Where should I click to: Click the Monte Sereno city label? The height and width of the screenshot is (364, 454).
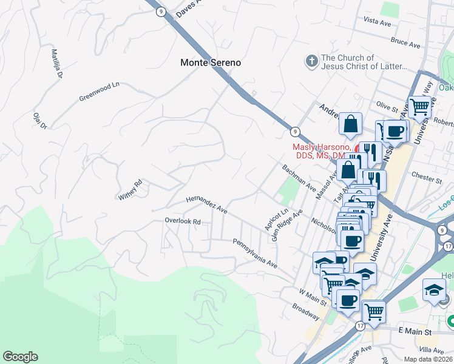[x=211, y=62]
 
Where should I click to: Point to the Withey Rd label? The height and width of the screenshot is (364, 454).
[x=130, y=189]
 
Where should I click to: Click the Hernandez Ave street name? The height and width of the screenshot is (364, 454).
[x=206, y=204]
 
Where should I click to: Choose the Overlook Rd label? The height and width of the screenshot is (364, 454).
[x=183, y=221]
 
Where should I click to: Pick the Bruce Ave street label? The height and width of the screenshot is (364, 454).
[x=406, y=44]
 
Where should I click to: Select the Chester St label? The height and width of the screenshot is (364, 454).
[x=427, y=178]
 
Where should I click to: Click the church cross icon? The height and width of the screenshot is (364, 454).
[x=311, y=61]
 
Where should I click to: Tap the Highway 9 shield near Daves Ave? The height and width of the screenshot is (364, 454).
[x=160, y=11]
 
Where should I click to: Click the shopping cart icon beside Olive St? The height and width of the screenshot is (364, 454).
[x=419, y=107]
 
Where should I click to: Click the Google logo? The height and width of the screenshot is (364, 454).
[x=20, y=357]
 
